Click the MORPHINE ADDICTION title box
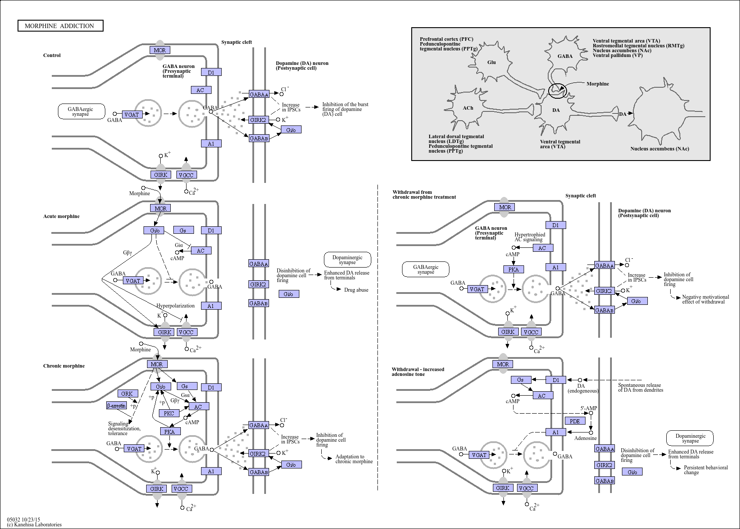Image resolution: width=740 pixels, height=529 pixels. (x=61, y=26)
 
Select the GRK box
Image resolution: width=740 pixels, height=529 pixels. (x=127, y=393)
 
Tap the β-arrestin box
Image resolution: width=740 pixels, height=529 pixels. (x=116, y=405)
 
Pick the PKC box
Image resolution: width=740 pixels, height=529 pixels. (x=169, y=413)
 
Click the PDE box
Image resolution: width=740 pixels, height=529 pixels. (x=575, y=421)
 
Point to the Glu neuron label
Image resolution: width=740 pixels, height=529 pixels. (x=492, y=62)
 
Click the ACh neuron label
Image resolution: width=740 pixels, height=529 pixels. (x=468, y=108)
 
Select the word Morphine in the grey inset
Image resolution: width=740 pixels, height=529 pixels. (x=598, y=84)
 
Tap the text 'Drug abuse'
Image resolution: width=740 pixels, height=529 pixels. (x=356, y=290)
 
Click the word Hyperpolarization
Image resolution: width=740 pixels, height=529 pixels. (x=176, y=306)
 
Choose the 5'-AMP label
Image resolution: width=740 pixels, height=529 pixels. (x=589, y=408)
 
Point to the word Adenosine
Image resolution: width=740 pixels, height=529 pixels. (x=586, y=438)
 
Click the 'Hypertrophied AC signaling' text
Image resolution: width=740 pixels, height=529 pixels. (x=530, y=237)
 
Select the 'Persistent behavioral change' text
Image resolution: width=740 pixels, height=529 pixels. (x=706, y=470)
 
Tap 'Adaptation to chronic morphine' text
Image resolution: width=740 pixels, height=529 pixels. (x=354, y=459)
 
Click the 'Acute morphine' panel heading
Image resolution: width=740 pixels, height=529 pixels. (x=61, y=216)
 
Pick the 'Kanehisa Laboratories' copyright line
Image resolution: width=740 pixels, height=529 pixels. (x=34, y=524)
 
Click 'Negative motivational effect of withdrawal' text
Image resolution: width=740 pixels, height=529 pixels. (x=705, y=299)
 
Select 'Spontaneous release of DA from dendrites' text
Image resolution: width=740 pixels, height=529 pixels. (x=640, y=387)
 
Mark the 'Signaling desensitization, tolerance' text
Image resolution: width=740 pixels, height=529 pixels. (x=124, y=428)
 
